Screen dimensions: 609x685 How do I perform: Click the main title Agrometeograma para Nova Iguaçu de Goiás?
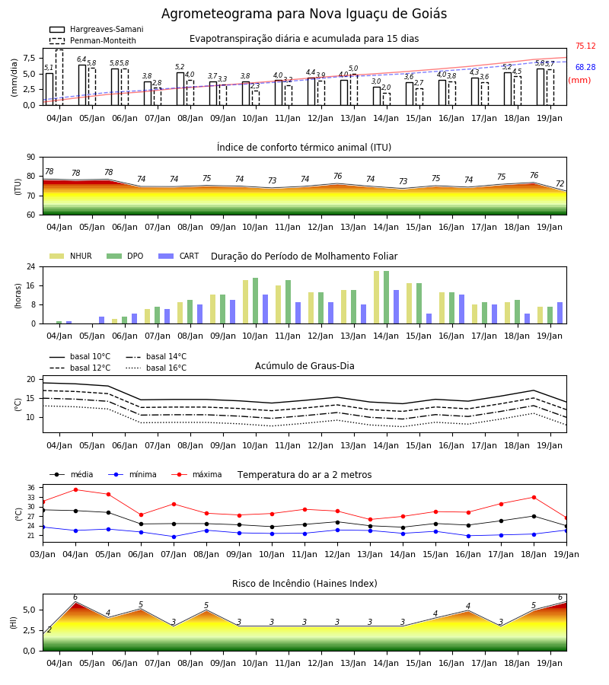pos(304,14)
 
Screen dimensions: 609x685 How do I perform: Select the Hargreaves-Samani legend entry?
pos(96,29)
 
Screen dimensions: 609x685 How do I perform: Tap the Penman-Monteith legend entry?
pos(93,40)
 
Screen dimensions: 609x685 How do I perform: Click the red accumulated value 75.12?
pos(585,46)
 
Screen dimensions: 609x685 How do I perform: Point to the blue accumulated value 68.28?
pos(585,67)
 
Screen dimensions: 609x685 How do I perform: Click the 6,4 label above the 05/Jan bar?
pos(81,59)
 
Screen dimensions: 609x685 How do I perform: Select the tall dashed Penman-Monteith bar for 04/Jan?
pos(59,78)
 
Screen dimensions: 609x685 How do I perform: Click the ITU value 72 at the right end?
pos(560,183)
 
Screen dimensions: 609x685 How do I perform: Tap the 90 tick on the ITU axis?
pos(31,158)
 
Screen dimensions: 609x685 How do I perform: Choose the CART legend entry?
pos(179,256)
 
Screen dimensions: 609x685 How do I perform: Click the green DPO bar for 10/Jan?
pos(256,301)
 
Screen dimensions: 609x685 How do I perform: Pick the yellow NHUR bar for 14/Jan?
pos(377,298)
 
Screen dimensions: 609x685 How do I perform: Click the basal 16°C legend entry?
pos(156,368)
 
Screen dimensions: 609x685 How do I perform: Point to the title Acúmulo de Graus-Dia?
pos(304,365)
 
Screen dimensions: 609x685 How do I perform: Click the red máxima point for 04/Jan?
pos(75,489)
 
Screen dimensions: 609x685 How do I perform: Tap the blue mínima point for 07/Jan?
pos(174,537)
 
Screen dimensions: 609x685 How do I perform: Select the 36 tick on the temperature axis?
pos(31,488)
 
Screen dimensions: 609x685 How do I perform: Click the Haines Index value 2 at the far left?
pos(49,629)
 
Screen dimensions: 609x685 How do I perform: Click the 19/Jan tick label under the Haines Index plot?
pos(550,663)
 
